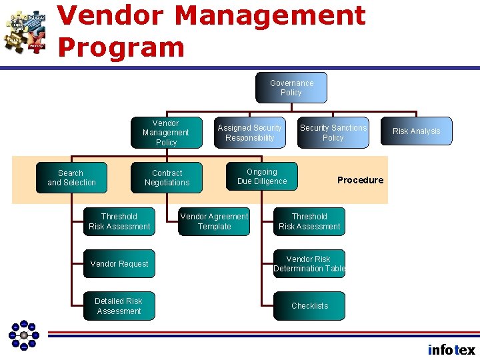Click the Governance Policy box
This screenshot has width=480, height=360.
291,88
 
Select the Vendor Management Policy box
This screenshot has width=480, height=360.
166,133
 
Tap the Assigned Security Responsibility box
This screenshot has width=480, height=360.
250,133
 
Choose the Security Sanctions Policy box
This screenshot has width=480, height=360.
333,133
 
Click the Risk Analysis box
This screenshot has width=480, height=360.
417,131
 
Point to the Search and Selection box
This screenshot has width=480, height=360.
71,178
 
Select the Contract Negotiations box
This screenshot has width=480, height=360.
167,178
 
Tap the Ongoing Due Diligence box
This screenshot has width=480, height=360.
262,177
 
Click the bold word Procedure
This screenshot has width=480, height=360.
360,180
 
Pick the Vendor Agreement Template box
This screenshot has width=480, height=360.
215,221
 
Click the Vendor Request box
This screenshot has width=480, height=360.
119,264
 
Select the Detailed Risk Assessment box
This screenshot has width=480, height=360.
119,306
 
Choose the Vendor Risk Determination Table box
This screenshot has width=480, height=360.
309,264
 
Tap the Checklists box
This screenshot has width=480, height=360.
309,306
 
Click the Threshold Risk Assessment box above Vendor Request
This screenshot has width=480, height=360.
119,221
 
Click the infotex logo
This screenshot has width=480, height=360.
451,349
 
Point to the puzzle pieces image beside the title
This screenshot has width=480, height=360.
25,31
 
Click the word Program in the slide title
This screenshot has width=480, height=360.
121,47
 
